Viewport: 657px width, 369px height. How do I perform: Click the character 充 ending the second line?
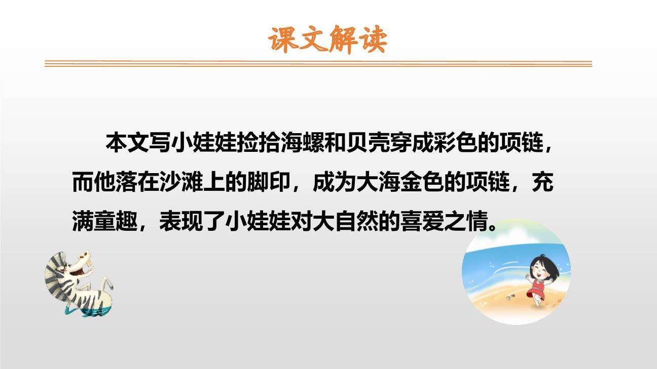542,182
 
